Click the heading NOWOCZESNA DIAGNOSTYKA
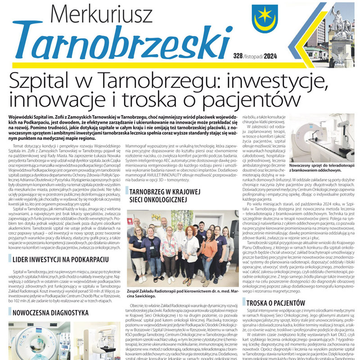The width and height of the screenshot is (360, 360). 49,311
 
